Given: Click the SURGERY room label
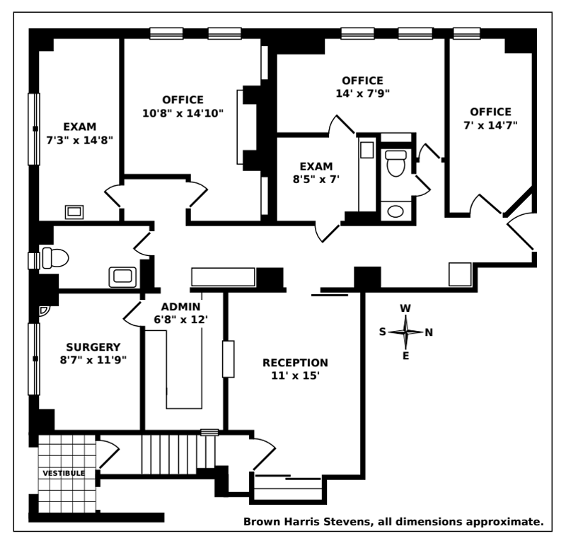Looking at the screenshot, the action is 93,346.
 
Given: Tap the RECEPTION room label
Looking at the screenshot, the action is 295,363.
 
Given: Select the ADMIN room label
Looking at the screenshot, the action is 180,307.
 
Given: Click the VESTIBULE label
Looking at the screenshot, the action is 64,473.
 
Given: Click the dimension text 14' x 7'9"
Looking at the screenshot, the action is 362,93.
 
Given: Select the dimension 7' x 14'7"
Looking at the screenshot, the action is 490,125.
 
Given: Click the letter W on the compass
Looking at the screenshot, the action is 405,308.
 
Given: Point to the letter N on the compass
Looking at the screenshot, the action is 429,332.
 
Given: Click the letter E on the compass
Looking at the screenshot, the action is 405,356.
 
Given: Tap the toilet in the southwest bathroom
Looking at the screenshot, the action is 52,257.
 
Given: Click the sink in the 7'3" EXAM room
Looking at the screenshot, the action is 74,211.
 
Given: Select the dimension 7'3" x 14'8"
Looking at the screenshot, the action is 80,139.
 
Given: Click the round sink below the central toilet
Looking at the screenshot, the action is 395,211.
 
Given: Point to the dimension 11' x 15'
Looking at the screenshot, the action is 295,375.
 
